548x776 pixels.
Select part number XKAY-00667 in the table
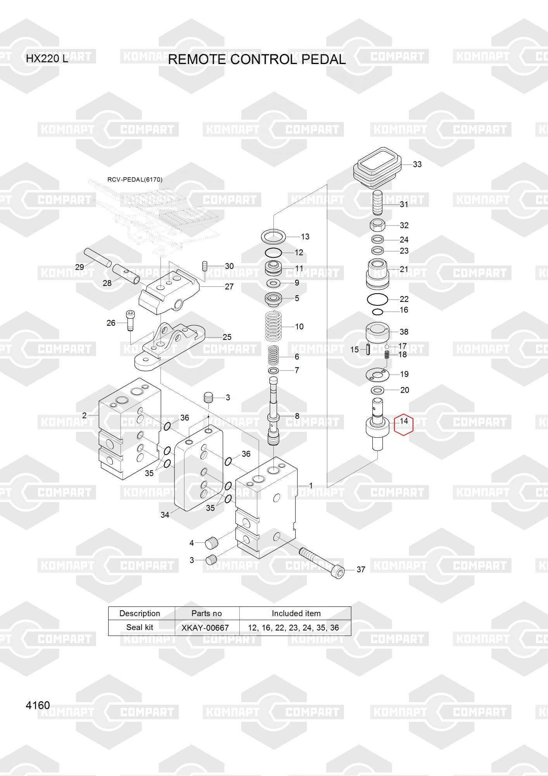tap(205, 627)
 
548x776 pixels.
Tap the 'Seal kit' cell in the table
tap(140, 627)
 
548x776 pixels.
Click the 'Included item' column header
tap(296, 613)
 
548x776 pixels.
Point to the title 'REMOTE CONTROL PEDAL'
tap(257, 59)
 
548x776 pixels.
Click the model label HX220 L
tap(47, 59)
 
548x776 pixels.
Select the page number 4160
tap(38, 705)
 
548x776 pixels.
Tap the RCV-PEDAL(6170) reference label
tap(135, 180)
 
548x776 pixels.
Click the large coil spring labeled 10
tap(278, 327)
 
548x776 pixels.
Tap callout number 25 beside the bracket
tap(227, 337)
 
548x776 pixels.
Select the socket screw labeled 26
tap(130, 320)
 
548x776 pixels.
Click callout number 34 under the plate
tap(165, 515)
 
